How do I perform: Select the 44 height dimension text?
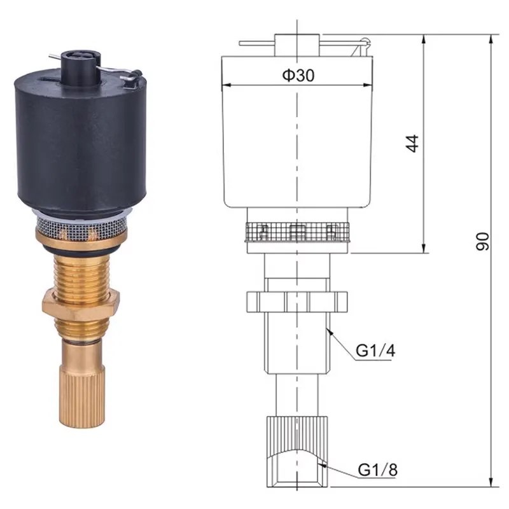(414, 143)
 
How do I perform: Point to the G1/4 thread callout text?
(374, 350)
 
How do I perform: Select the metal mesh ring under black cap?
(83, 225)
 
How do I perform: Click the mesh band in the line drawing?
(296, 232)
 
